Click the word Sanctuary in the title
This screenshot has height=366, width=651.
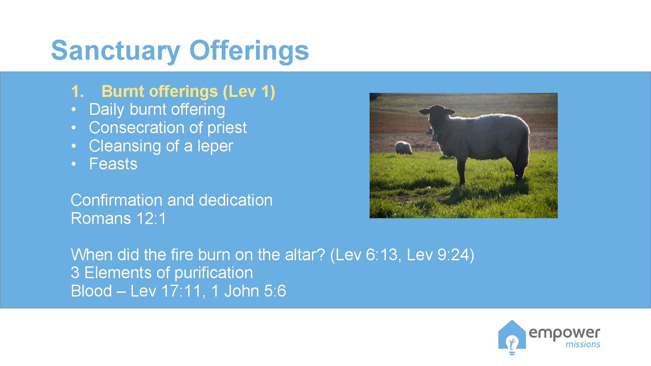point(115,51)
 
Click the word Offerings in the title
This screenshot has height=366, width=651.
point(249,51)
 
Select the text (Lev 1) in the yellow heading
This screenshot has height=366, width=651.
point(249,91)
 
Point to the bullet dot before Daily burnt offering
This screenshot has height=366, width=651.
point(73,110)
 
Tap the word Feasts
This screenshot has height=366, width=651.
point(113,164)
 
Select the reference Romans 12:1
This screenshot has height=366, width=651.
point(118,219)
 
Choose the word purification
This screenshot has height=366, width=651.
point(214,273)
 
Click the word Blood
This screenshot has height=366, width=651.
point(91,291)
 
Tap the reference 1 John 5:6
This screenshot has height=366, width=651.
point(249,291)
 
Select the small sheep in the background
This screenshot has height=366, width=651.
point(403,148)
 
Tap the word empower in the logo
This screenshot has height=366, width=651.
point(564,333)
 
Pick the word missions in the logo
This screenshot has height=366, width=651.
point(583,345)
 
